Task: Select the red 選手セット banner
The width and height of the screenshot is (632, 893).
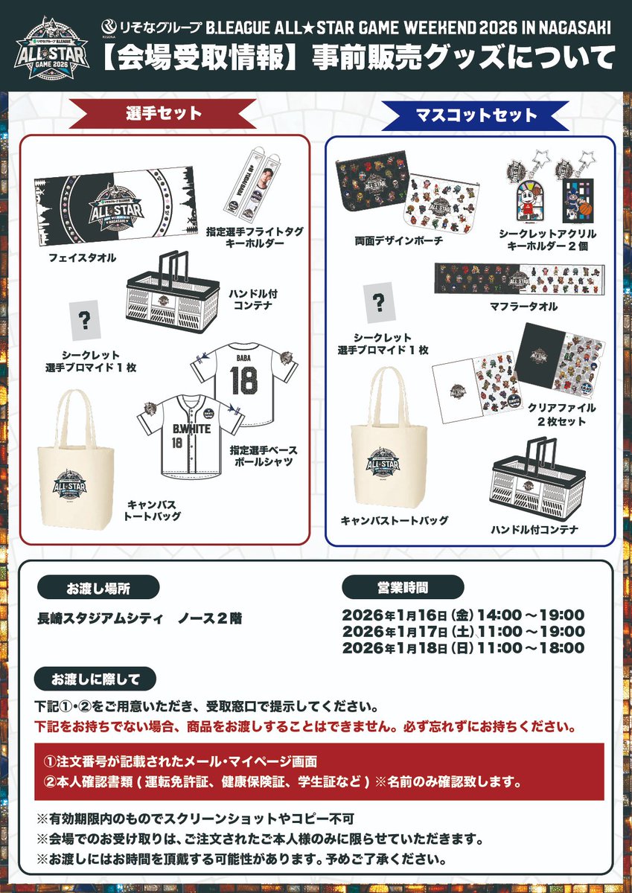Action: (164, 114)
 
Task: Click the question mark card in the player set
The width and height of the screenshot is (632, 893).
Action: (85, 319)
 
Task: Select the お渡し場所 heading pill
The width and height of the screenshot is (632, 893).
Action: (109, 588)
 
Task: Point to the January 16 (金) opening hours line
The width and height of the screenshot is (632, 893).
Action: (463, 615)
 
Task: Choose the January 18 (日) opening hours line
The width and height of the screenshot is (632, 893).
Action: (463, 647)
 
